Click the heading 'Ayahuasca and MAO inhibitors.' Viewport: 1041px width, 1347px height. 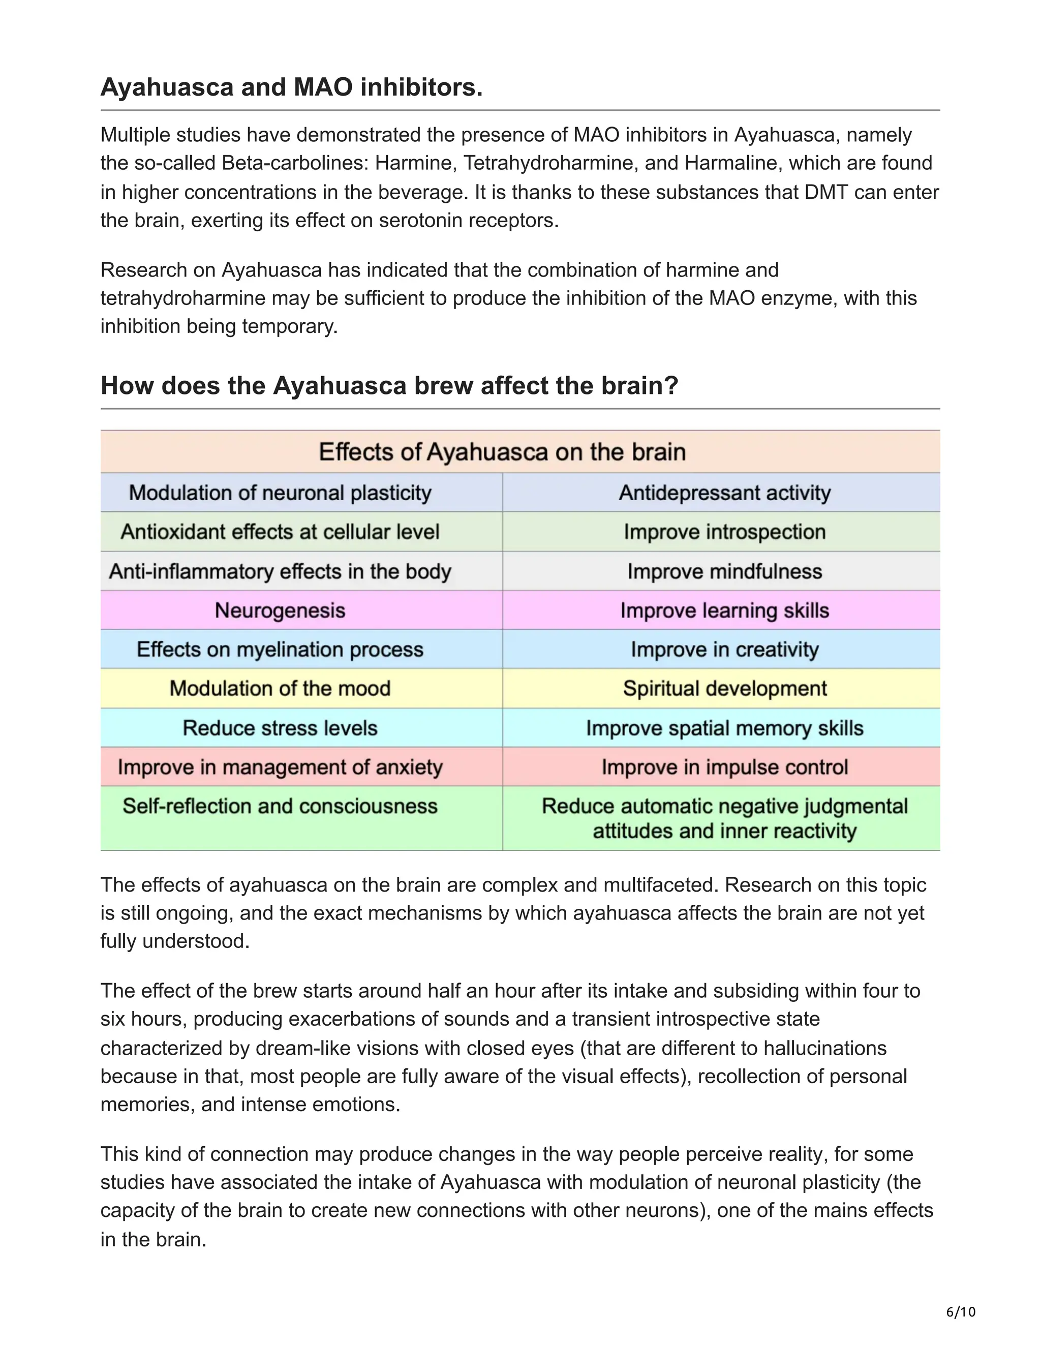point(291,87)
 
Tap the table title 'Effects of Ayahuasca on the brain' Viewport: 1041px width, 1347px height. point(502,452)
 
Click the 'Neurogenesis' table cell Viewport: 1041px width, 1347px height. point(280,610)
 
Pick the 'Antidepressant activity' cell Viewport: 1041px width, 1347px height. point(725,493)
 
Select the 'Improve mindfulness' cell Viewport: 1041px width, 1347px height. point(725,571)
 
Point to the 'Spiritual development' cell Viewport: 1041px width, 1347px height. point(725,688)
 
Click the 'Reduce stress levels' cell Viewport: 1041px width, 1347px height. point(280,728)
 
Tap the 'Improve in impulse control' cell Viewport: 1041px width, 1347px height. point(725,767)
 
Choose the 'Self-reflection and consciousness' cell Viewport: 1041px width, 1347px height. point(280,806)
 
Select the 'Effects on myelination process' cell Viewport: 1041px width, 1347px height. point(280,650)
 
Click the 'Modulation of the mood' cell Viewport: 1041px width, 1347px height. point(280,688)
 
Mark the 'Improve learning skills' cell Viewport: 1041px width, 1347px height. point(725,610)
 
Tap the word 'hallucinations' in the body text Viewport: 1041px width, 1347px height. point(824,1048)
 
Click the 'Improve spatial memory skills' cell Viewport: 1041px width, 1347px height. point(725,728)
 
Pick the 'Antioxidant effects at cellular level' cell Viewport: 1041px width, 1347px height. point(280,532)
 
